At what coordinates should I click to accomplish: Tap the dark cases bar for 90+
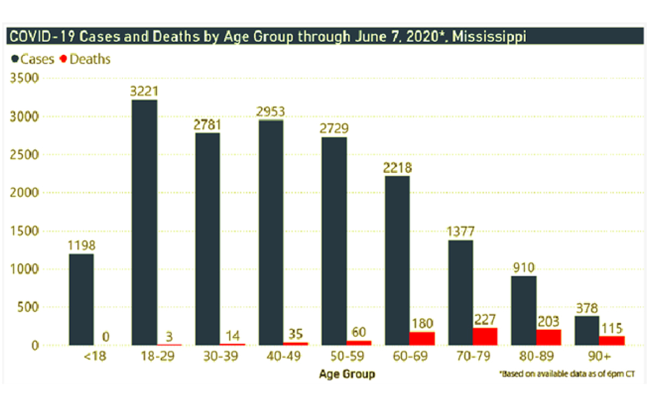[x=586, y=330]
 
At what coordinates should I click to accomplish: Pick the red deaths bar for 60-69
[x=422, y=338]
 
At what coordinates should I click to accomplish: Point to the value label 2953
[x=270, y=112]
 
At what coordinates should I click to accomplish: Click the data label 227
[x=485, y=319]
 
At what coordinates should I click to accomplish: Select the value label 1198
[x=81, y=246]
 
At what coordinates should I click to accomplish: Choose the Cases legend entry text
[x=37, y=59]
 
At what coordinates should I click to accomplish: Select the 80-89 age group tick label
[x=535, y=358]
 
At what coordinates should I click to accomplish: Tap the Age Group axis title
[x=347, y=374]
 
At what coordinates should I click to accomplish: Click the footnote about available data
[x=566, y=374]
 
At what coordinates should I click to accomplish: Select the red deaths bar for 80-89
[x=548, y=337]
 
